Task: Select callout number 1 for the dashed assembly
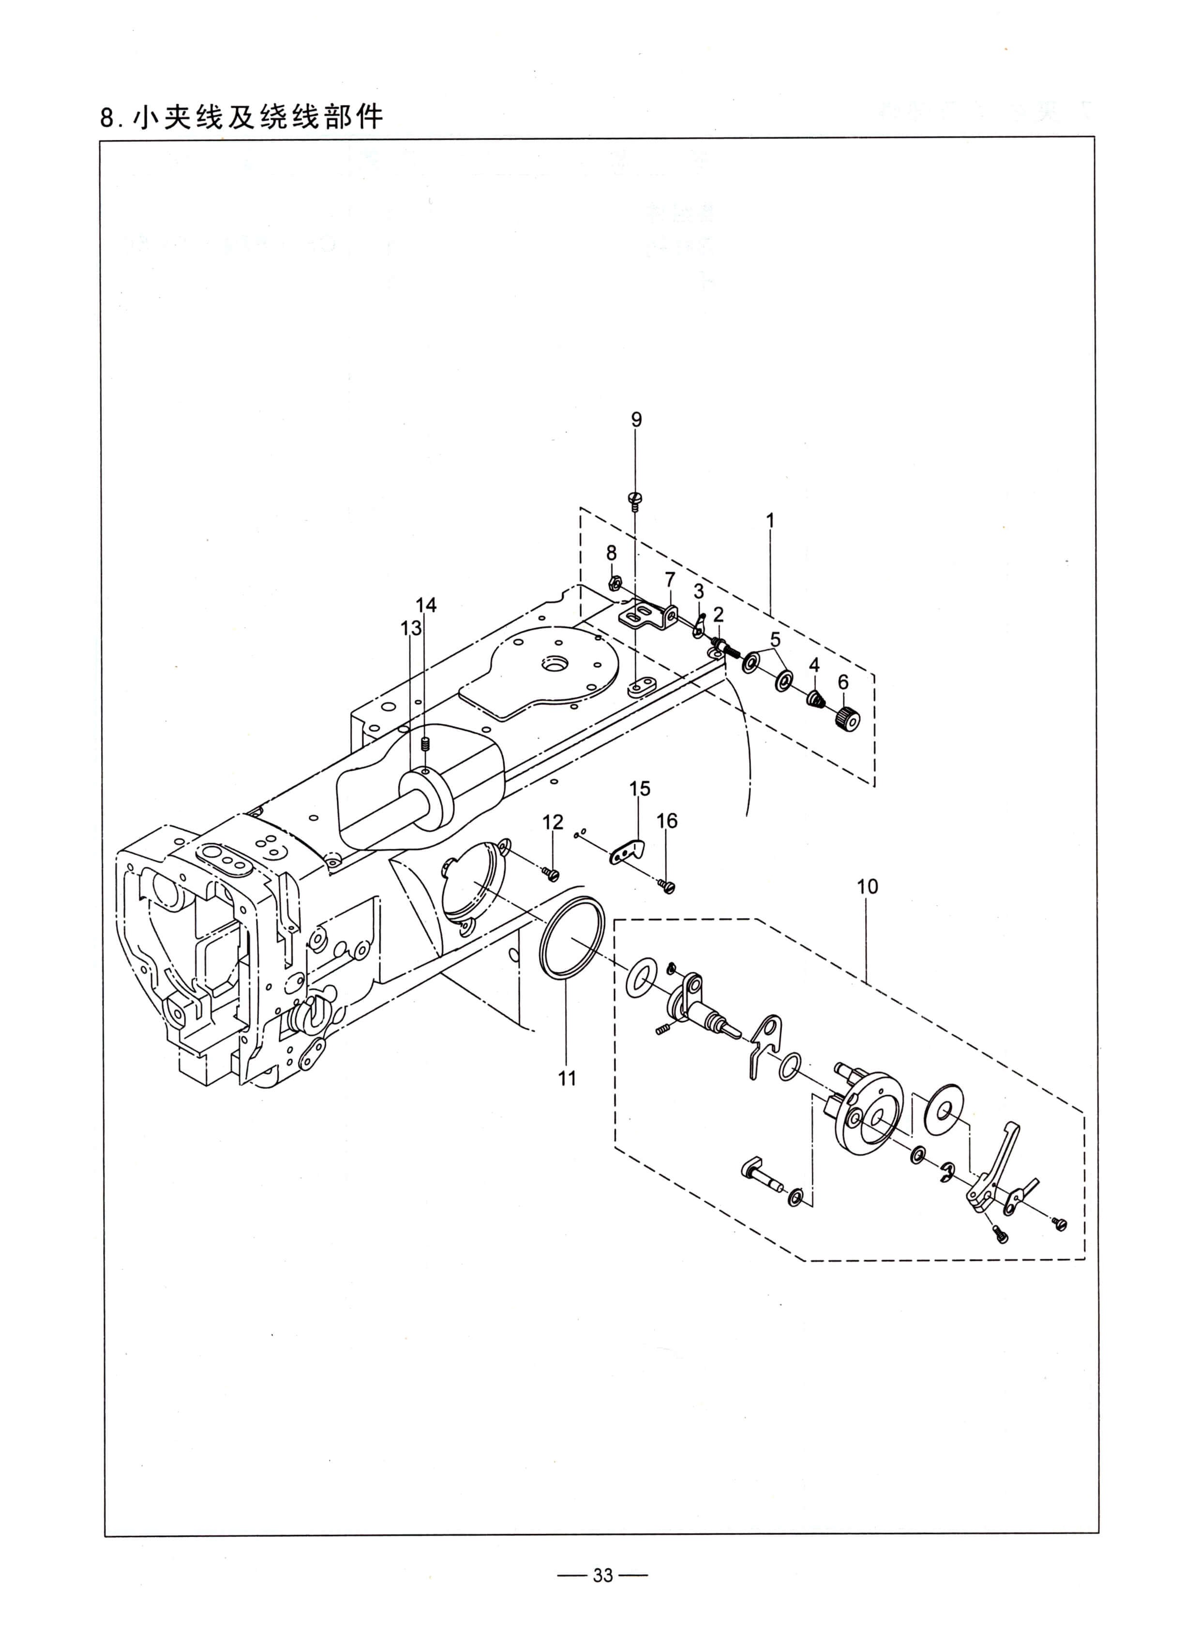(770, 520)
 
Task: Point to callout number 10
(867, 887)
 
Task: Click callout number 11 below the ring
(567, 1078)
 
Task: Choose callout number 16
(666, 821)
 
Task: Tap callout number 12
(553, 822)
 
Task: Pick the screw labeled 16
(667, 886)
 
